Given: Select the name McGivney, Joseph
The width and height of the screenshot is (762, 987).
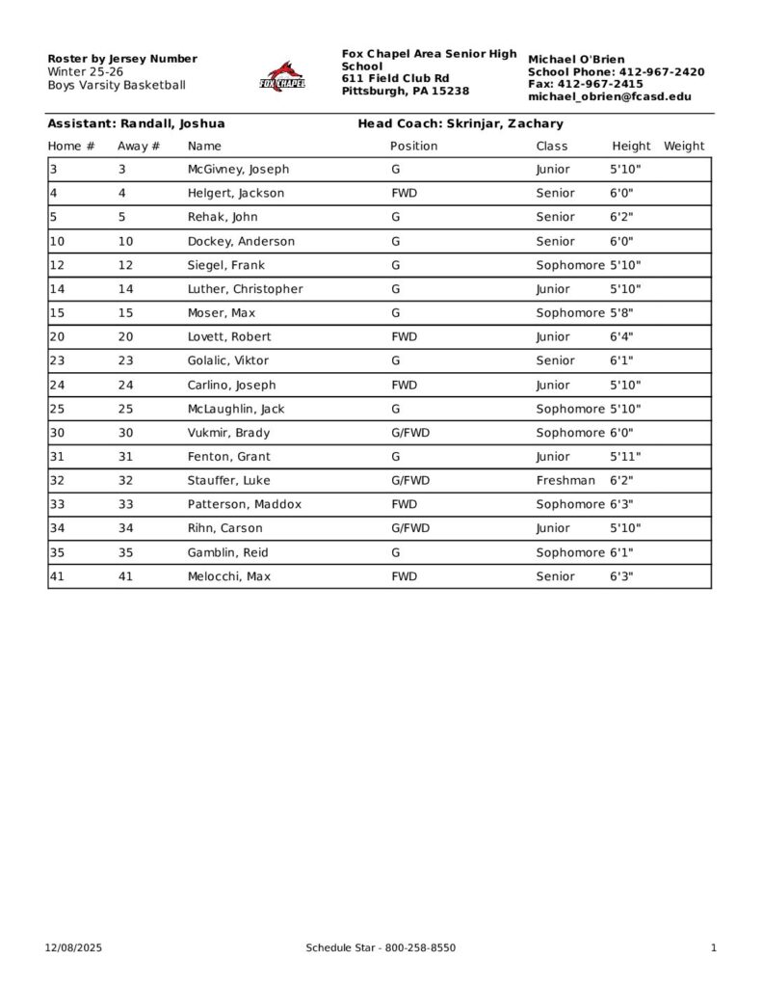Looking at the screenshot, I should [x=238, y=170].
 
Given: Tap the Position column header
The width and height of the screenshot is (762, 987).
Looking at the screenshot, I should [x=413, y=147].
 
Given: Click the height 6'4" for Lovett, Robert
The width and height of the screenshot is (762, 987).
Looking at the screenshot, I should [x=621, y=337].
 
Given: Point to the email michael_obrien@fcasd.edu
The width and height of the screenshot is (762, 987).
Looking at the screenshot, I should [x=609, y=97].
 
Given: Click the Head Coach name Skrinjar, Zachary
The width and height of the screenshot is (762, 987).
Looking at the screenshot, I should [x=505, y=123].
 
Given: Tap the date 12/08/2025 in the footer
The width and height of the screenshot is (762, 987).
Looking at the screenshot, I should [x=73, y=948].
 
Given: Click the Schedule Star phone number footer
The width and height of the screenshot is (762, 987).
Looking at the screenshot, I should [x=381, y=948].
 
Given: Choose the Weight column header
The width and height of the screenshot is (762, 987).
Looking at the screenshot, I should [x=684, y=147].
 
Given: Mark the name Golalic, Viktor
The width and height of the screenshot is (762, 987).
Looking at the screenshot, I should [x=228, y=361].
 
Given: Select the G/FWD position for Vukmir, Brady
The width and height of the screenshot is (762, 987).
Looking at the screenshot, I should [x=410, y=433].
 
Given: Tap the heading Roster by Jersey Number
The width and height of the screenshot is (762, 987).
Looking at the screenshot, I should [x=122, y=59].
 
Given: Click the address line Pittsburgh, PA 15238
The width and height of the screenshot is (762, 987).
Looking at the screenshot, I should [x=406, y=91].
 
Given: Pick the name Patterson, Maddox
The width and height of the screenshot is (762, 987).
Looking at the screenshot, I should [x=244, y=505].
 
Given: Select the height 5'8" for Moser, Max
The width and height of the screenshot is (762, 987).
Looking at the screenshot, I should [x=621, y=313].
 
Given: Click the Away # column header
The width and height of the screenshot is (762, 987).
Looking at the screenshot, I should [x=139, y=147].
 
